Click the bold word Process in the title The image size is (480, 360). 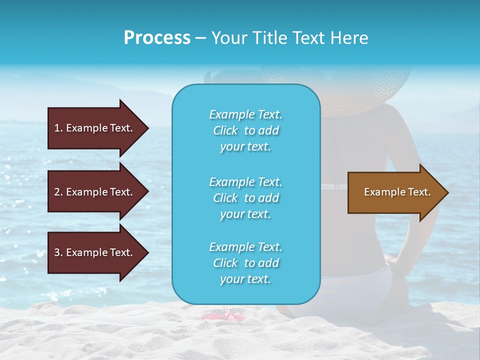pyautogui.click(x=157, y=38)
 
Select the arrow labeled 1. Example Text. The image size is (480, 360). pyautogui.click(x=95, y=128)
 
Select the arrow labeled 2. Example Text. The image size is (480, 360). pyautogui.click(x=95, y=192)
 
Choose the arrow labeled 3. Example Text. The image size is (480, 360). pyautogui.click(x=95, y=252)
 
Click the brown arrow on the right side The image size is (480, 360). pyautogui.click(x=395, y=192)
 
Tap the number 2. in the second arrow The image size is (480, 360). pyautogui.click(x=58, y=192)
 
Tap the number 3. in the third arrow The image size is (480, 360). pyautogui.click(x=58, y=252)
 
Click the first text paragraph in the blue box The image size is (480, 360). pyautogui.click(x=245, y=130)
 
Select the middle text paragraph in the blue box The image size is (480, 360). pyautogui.click(x=245, y=198)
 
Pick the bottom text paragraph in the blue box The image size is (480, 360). pyautogui.click(x=245, y=263)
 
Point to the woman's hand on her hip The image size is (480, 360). pyautogui.click(x=395, y=262)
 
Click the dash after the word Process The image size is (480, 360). pyautogui.click(x=201, y=38)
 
